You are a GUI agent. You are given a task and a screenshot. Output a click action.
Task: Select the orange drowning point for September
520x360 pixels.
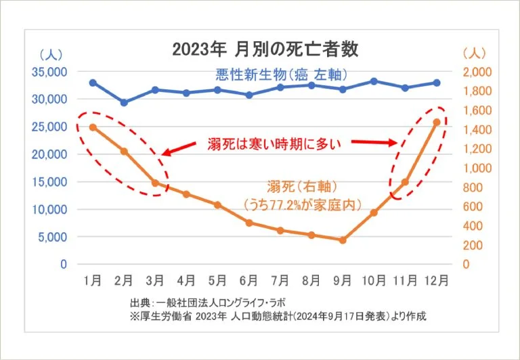[x=342, y=240]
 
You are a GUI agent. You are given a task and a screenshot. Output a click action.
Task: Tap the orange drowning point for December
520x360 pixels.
[x=437, y=122]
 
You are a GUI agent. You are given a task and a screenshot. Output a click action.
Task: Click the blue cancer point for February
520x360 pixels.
[x=124, y=103]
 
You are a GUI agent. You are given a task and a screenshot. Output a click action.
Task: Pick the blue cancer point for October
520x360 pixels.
[x=374, y=81]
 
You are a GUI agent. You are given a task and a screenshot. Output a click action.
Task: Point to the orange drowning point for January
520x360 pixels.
[x=93, y=127]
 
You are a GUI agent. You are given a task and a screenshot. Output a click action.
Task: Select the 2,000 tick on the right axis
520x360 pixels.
[x=478, y=72]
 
